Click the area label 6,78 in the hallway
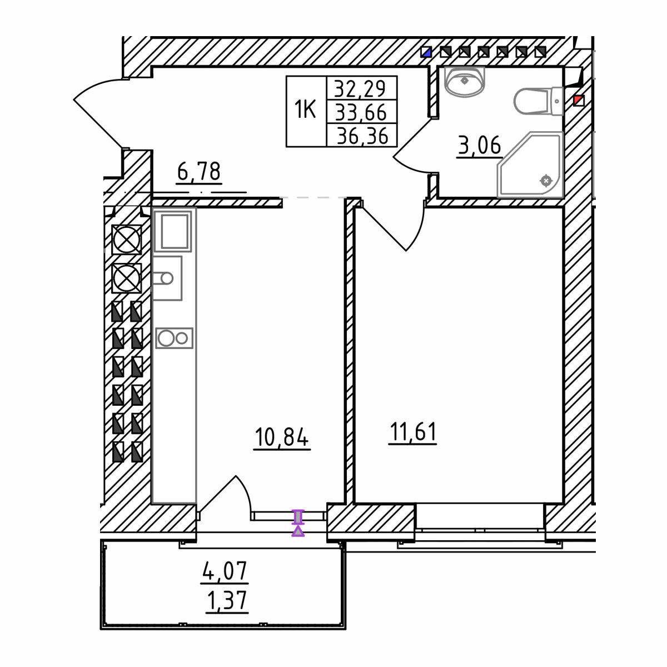[x=198, y=171]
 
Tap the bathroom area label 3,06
[x=479, y=145]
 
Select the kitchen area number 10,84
[x=281, y=437]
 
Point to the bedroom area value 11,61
[x=412, y=432]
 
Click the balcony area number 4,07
[x=225, y=571]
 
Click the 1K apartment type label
[x=305, y=109]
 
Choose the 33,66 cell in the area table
[x=361, y=112]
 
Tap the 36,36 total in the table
[x=362, y=136]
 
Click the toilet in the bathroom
[x=539, y=101]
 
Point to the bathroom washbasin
[x=464, y=82]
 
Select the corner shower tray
[x=530, y=165]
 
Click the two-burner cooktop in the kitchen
[x=174, y=338]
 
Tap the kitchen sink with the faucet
[x=167, y=278]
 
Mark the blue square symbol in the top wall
[x=426, y=52]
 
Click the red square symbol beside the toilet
[x=579, y=101]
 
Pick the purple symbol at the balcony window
[x=298, y=522]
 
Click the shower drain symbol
[x=546, y=180]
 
